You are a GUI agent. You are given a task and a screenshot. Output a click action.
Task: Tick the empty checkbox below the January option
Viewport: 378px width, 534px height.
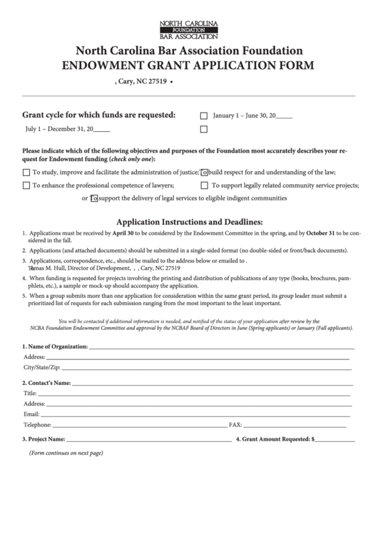tap(204, 130)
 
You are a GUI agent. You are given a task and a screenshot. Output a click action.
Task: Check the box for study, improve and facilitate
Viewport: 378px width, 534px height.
tap(26, 173)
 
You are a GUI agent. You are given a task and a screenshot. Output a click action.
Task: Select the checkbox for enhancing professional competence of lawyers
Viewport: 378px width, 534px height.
tap(26, 186)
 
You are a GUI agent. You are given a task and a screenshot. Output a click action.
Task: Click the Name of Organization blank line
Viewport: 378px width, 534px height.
tap(221, 346)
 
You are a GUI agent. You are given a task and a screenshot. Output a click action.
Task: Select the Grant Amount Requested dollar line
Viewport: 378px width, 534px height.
tap(334, 439)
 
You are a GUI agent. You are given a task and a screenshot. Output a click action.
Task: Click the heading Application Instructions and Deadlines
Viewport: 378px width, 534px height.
tap(190, 221)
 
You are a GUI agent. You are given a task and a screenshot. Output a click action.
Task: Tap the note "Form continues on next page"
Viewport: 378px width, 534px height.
tap(66, 453)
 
